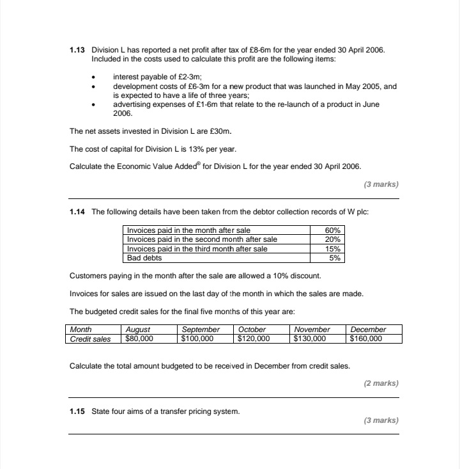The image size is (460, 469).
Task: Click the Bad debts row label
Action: (x=144, y=258)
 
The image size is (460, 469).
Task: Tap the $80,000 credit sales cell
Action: (x=139, y=338)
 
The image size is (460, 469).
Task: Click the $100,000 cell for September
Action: (x=197, y=338)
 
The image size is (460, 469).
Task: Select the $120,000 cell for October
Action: (x=254, y=338)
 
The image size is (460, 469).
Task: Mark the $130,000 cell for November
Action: (x=310, y=338)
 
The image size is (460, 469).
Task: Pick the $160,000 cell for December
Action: (x=366, y=338)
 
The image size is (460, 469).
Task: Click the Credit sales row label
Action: (x=90, y=338)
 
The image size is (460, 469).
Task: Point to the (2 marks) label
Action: (x=381, y=383)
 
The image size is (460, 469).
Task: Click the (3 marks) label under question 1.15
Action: (x=381, y=420)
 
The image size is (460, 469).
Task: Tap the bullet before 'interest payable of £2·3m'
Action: (x=94, y=77)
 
